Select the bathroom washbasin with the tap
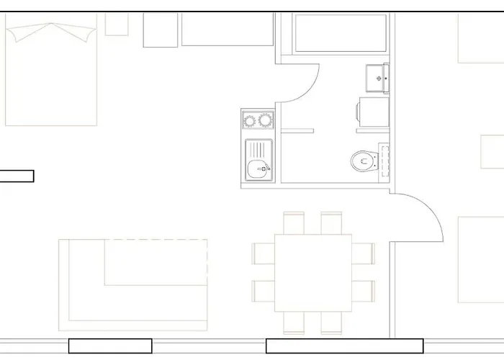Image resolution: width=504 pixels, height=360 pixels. tap(378, 78)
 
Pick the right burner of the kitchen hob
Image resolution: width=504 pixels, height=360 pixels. tap(266, 120)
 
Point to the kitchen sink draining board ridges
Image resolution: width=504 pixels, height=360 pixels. tap(258, 150)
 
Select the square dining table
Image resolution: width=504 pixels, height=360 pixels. tap(313, 272)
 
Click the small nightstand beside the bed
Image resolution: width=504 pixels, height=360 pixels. tap(117, 24)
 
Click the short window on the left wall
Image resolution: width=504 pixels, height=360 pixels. tap(17, 176)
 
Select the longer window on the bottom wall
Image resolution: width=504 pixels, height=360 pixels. tap(344, 346)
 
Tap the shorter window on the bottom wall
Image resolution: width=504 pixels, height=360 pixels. tap(110, 346)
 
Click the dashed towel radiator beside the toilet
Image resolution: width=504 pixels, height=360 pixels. tap(384, 160)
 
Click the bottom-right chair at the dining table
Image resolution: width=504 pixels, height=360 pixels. tap(331, 323)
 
